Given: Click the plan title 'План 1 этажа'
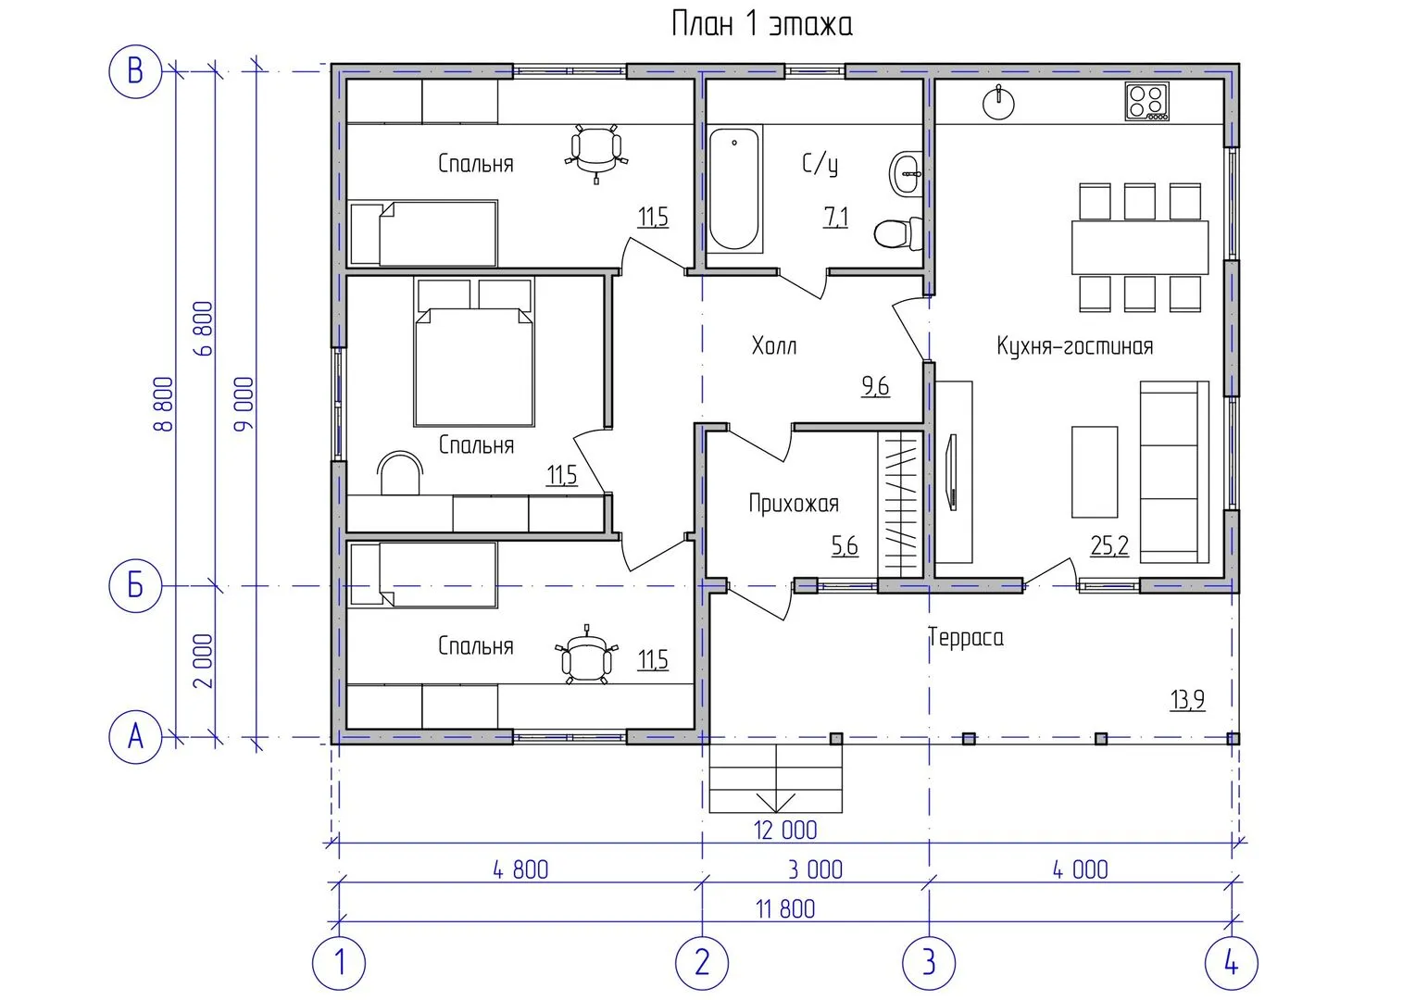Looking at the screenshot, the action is [x=762, y=24].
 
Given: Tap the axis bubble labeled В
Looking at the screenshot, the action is [x=135, y=71].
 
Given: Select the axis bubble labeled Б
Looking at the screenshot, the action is [x=135, y=585].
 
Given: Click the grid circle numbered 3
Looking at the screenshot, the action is [x=929, y=963].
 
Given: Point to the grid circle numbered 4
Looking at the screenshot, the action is [x=1231, y=963].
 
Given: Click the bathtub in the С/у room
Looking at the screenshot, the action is [x=734, y=189].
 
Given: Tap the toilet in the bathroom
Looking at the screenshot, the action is [x=897, y=233].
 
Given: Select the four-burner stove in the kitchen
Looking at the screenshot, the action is [x=1147, y=101].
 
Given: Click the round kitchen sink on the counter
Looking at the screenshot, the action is [x=998, y=103].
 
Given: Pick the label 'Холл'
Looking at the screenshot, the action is [x=774, y=345].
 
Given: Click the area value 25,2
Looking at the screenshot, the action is [x=1109, y=545].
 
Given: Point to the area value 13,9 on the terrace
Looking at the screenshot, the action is [x=1187, y=700].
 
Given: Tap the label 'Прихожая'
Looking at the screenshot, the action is [x=794, y=504].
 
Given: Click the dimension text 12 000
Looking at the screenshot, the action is [x=785, y=830].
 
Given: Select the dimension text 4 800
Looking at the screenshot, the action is [x=520, y=869].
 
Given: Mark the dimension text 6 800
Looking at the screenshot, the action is [x=204, y=329].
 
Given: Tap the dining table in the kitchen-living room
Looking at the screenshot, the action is [x=1140, y=247].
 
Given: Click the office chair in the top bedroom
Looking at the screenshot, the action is [x=596, y=152].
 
